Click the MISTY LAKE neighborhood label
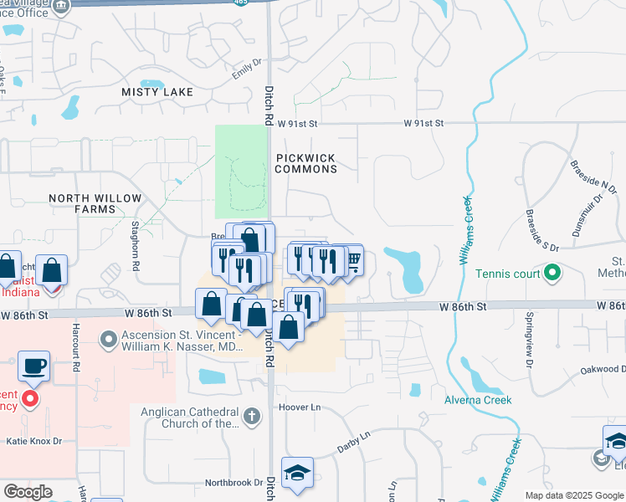click(x=157, y=92)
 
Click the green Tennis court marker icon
click(x=552, y=273)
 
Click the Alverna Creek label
click(x=478, y=400)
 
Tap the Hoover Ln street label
click(x=303, y=407)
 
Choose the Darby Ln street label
click(x=353, y=438)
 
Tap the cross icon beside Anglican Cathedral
click(x=250, y=416)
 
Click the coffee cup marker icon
click(x=33, y=366)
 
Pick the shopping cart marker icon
click(x=353, y=261)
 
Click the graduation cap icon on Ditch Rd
click(x=297, y=473)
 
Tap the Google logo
click(x=28, y=492)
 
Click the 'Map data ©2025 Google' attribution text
click(x=573, y=495)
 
